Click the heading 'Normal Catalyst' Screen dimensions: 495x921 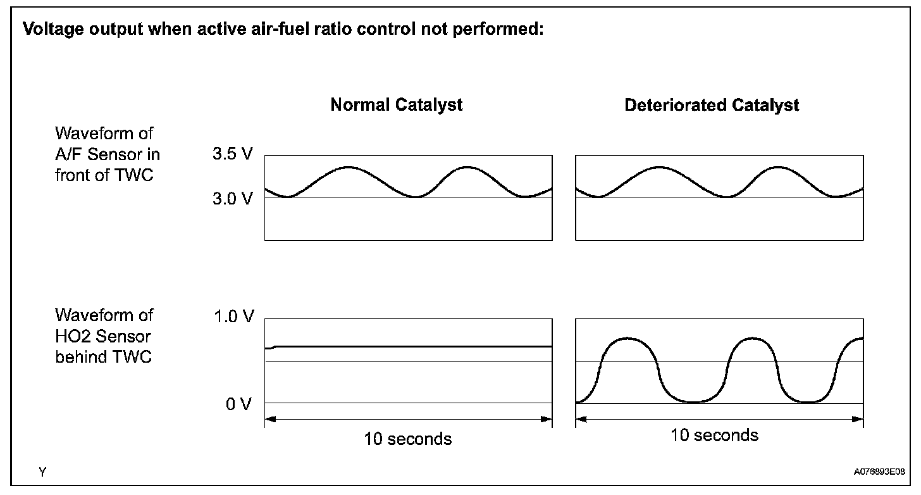coord(396,105)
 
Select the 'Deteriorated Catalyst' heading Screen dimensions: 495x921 coord(712,105)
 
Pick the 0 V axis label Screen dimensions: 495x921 coord(239,404)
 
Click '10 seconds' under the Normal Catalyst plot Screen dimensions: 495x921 coord(408,439)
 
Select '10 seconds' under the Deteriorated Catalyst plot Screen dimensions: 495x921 coord(714,435)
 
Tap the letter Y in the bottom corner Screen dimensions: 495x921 coord(42,472)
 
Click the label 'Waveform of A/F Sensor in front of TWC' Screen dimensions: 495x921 coord(107,154)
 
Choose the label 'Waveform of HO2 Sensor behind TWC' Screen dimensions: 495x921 coord(104,335)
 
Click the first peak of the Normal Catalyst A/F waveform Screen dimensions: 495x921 coord(348,167)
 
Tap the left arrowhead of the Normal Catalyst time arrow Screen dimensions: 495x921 coord(269,418)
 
